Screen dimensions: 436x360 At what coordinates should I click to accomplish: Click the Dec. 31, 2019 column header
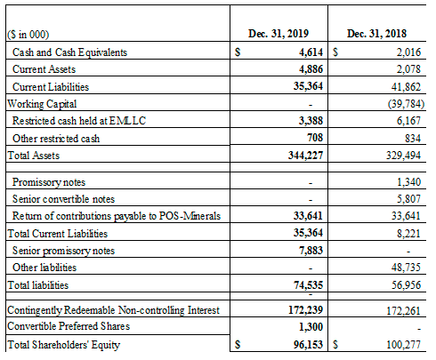click(279, 34)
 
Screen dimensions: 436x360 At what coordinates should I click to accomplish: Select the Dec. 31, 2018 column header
click(376, 34)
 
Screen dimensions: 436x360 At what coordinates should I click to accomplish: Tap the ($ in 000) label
click(28, 35)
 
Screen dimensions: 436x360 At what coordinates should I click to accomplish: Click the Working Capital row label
click(42, 104)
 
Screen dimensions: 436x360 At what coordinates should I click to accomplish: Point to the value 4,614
click(311, 52)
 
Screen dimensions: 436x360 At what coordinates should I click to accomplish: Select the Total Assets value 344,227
click(305, 156)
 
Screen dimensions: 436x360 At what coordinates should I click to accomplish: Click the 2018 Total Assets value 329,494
click(403, 156)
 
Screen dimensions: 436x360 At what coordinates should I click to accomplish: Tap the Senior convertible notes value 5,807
click(409, 199)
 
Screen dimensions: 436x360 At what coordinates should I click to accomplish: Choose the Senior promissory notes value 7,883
click(311, 251)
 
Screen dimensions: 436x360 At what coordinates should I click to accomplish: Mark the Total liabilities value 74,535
click(308, 285)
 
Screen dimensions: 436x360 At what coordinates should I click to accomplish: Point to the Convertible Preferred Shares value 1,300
click(311, 327)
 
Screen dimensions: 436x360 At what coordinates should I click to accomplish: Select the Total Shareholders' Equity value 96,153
click(308, 345)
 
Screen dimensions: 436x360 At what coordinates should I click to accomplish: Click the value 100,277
click(403, 345)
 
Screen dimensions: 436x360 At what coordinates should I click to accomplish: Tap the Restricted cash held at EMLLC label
click(79, 121)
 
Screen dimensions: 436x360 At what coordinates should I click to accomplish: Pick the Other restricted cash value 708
click(315, 138)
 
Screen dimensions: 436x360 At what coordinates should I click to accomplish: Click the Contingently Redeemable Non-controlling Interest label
click(113, 310)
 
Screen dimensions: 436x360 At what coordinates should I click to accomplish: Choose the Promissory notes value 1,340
click(409, 181)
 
